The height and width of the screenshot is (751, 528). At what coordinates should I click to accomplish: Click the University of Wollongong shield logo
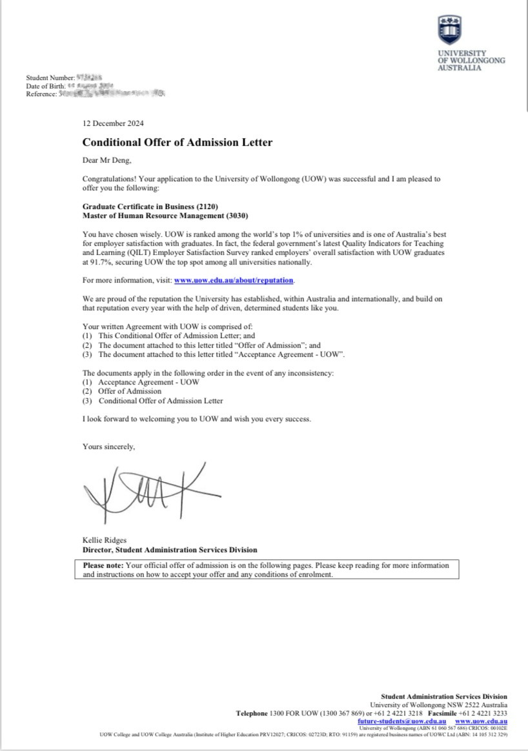coord(449,30)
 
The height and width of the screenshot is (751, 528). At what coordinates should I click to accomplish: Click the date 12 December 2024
coord(113,123)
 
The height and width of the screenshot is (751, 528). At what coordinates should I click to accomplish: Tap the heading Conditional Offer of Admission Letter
coord(178,142)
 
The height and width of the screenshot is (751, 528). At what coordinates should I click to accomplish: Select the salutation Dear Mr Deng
coord(107,162)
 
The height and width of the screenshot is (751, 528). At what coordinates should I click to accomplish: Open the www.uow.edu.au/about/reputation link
coord(234,281)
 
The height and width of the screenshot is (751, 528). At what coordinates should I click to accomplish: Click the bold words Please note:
coord(103,565)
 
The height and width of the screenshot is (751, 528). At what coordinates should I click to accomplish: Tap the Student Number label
coord(50,79)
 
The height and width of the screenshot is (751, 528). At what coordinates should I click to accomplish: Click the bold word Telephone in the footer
coord(251,713)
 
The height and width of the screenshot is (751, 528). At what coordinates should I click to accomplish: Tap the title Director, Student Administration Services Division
coord(170,550)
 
